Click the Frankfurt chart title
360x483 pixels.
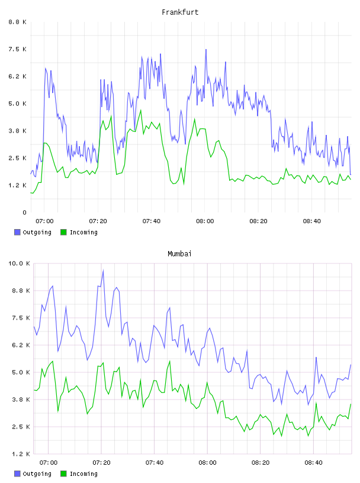(x=180, y=12)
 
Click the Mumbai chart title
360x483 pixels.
(x=179, y=254)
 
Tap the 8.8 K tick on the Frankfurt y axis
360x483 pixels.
(x=18, y=22)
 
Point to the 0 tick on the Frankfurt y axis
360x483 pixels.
(x=24, y=212)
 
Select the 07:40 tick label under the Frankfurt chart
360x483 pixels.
(x=152, y=221)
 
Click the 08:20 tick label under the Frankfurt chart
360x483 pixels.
(x=258, y=221)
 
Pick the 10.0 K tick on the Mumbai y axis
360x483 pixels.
(x=19, y=263)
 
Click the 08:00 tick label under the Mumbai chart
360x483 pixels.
(x=207, y=462)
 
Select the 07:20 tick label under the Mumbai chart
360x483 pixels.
(x=101, y=462)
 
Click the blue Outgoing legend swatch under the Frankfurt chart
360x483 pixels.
(x=17, y=232)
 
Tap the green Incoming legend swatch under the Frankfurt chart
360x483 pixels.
(x=63, y=232)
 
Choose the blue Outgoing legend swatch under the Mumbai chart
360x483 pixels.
(x=17, y=474)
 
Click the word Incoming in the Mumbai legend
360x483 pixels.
(x=83, y=474)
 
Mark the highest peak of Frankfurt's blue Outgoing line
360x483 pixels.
(x=206, y=49)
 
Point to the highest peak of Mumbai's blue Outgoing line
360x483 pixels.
(x=103, y=270)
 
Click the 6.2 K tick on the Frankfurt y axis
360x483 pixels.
(x=18, y=76)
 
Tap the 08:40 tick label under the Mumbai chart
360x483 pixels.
(x=313, y=462)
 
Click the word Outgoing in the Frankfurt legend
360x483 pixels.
(x=37, y=232)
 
